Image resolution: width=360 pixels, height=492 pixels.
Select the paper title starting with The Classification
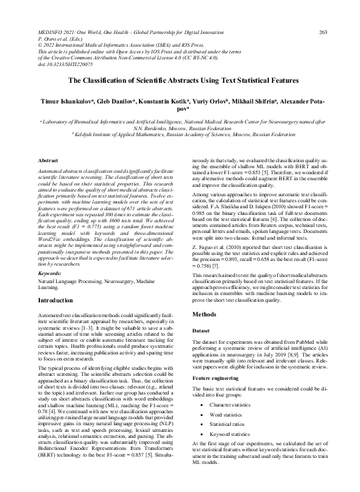click(x=180, y=78)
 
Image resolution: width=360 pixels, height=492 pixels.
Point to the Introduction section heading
click(x=58, y=319)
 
